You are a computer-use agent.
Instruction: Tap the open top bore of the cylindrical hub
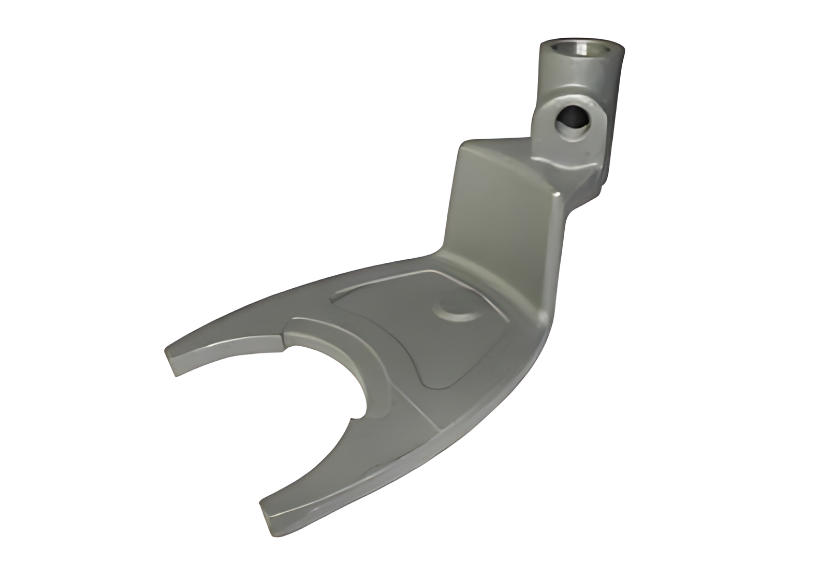pos(582,50)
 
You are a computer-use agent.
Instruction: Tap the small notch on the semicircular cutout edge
pos(357,414)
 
